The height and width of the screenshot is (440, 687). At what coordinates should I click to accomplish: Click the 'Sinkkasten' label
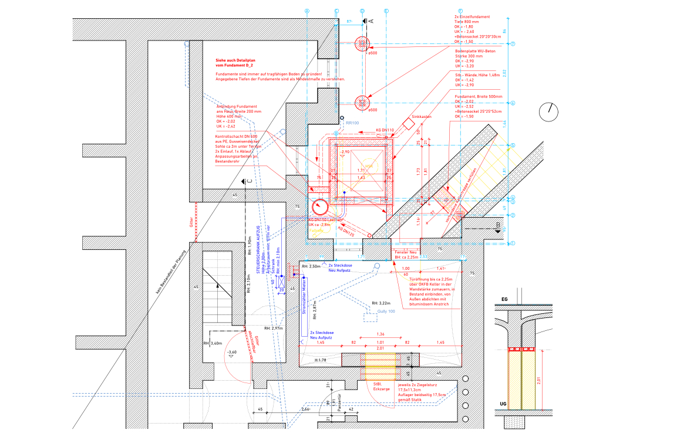coord(422,117)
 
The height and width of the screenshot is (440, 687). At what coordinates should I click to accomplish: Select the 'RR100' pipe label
coord(352,123)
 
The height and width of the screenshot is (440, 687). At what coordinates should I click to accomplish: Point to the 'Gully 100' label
coord(386,311)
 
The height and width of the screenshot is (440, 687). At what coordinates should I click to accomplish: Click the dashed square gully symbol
coord(371,317)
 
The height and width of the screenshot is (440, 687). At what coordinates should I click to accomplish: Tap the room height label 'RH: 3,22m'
coord(381,303)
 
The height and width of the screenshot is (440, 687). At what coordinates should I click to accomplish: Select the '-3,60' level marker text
coord(232,352)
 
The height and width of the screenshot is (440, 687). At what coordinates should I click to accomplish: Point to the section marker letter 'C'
coord(250,182)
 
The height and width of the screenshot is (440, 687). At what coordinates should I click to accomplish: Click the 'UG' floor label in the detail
coord(503,404)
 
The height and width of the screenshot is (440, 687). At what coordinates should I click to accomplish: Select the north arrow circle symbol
coord(550,111)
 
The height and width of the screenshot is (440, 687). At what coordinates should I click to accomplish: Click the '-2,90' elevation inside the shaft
coord(345,151)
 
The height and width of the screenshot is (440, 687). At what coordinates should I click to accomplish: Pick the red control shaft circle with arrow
coord(321,207)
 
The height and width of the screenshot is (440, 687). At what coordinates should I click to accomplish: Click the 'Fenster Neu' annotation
coord(405,252)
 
